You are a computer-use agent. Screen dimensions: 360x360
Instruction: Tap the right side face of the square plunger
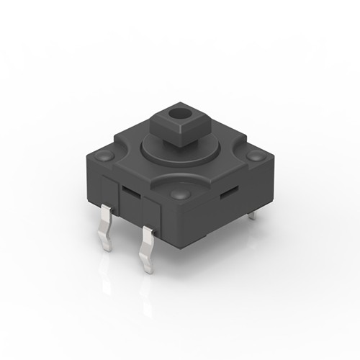click(x=188, y=133)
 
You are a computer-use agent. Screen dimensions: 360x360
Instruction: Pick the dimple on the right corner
click(x=254, y=156)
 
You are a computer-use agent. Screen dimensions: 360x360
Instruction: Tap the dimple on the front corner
click(x=180, y=195)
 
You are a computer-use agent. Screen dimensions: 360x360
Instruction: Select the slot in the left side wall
click(x=131, y=192)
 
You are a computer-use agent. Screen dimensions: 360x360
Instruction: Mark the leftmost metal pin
click(x=106, y=226)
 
